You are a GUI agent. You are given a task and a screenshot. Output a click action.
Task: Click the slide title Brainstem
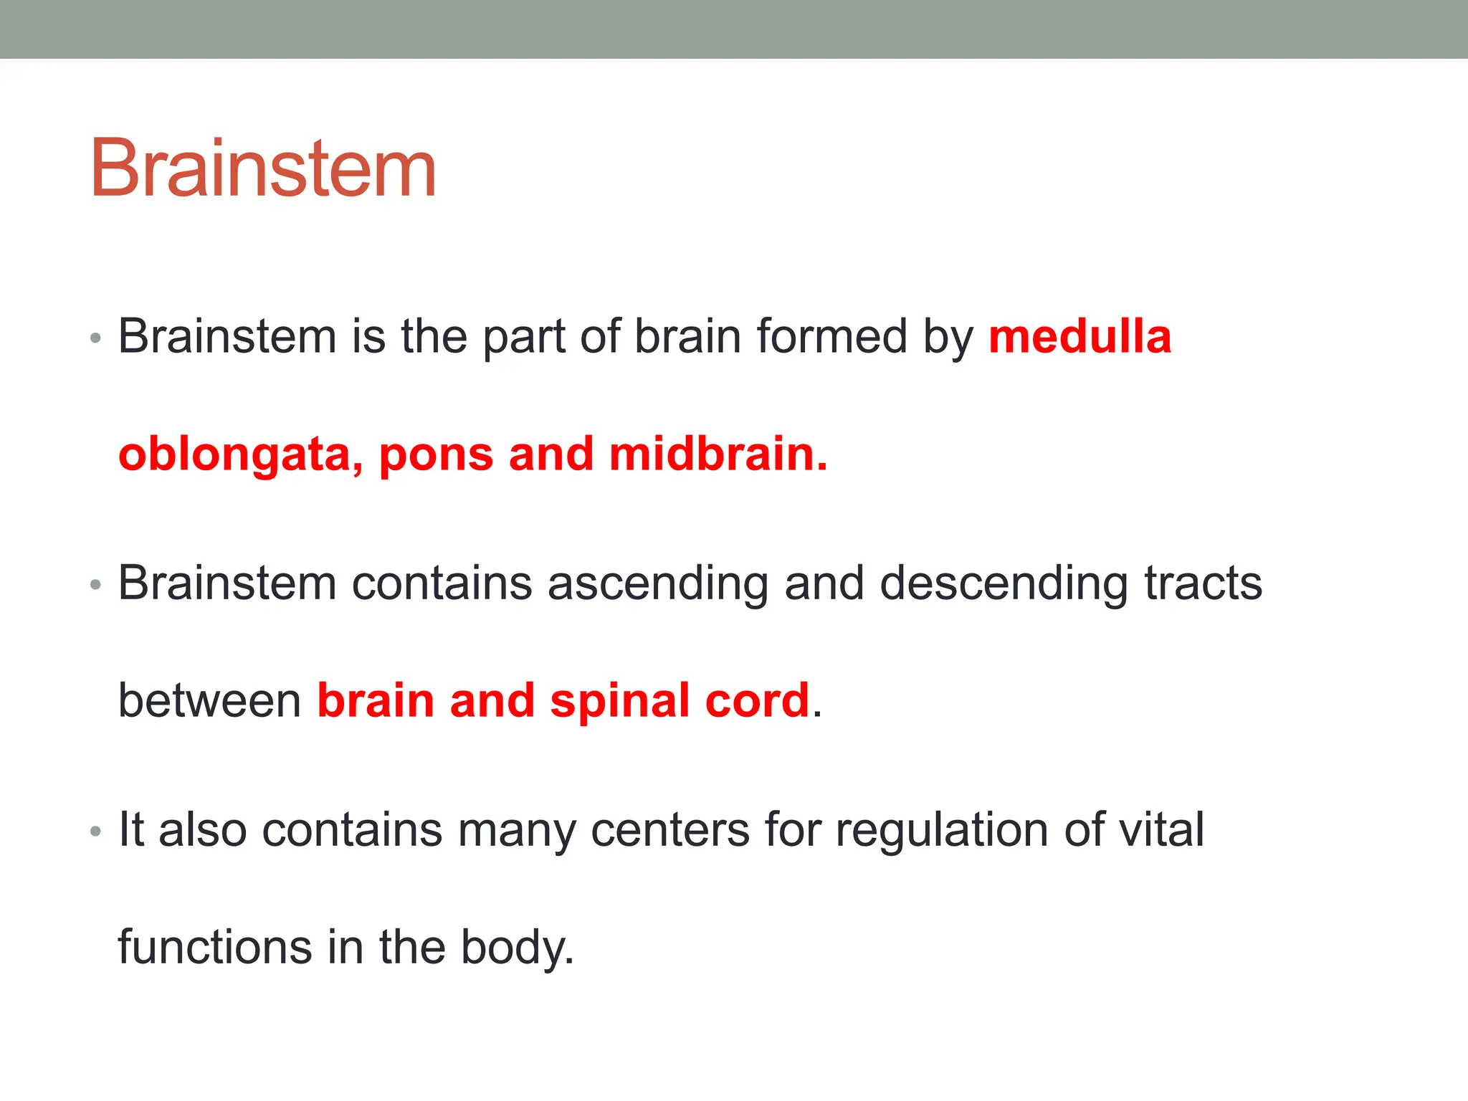(263, 168)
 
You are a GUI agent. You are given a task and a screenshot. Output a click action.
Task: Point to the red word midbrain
(718, 454)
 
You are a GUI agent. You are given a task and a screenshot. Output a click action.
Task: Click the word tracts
(1203, 583)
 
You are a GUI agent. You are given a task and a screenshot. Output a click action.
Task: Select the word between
(209, 700)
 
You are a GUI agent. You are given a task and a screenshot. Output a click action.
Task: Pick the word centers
(669, 830)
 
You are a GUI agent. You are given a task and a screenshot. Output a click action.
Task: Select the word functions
(214, 947)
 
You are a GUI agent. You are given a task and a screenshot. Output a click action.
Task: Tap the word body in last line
(516, 948)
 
